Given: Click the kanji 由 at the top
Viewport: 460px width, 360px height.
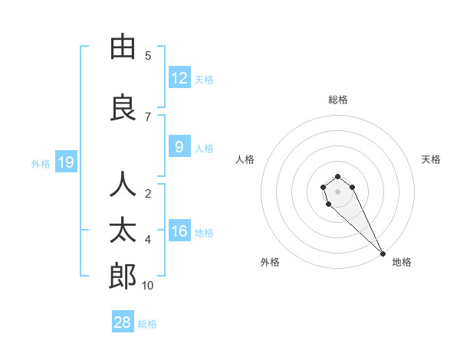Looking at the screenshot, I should (x=123, y=47).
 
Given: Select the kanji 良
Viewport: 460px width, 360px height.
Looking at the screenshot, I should (x=123, y=106).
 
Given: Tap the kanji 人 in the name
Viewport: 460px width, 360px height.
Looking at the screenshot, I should (x=123, y=185).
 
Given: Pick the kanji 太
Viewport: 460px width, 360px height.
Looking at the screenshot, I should (x=123, y=230).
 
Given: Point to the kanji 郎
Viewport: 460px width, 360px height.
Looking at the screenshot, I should (x=123, y=276).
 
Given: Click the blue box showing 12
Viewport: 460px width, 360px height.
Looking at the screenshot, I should (x=179, y=78).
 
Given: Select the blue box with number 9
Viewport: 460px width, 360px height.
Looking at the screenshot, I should (x=179, y=147).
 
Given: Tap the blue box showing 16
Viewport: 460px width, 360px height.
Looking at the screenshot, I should (x=179, y=231).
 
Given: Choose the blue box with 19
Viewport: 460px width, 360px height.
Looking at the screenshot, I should (x=65, y=162).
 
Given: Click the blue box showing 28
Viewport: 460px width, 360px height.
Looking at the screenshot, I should (x=123, y=322).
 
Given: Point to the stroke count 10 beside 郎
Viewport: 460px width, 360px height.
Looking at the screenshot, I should (x=148, y=286).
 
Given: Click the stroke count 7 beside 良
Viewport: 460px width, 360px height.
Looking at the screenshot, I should (x=148, y=116).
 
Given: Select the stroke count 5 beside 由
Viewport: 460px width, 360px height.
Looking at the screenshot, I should (x=148, y=56).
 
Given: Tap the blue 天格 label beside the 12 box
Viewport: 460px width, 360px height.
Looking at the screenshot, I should (x=204, y=79).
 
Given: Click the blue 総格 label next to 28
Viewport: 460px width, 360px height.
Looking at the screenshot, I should (x=147, y=324).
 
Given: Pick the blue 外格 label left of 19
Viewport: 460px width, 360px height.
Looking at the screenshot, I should (x=40, y=163).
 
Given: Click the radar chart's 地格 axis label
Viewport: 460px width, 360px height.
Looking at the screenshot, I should (x=402, y=262).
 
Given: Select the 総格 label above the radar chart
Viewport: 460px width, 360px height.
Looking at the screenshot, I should (x=337, y=100).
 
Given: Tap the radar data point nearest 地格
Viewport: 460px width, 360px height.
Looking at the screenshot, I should (x=383, y=254).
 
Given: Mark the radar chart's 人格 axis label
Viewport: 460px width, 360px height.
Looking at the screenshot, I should (x=245, y=159).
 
